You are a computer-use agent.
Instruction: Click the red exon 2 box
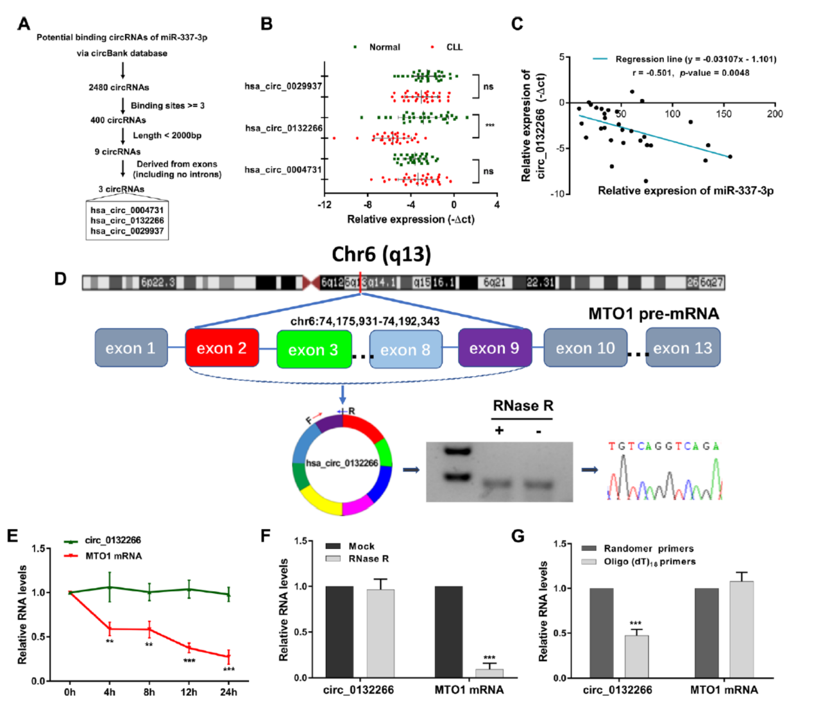222,348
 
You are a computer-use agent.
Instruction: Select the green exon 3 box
314,349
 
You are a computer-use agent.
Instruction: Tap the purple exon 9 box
495,348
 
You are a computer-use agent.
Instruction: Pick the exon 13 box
683,348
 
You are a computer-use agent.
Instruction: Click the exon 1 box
131,348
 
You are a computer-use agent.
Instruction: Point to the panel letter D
60,279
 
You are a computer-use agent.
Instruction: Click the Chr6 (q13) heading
381,254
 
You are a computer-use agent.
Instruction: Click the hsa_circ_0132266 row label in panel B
284,128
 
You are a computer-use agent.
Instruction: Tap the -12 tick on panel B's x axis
325,205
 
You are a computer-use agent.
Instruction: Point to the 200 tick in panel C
774,114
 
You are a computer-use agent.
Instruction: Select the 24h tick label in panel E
228,691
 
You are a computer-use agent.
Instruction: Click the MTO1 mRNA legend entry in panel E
113,555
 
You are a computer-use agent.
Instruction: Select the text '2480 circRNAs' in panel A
119,87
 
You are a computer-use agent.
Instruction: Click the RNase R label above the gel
522,405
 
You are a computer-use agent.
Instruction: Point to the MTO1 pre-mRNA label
653,313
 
